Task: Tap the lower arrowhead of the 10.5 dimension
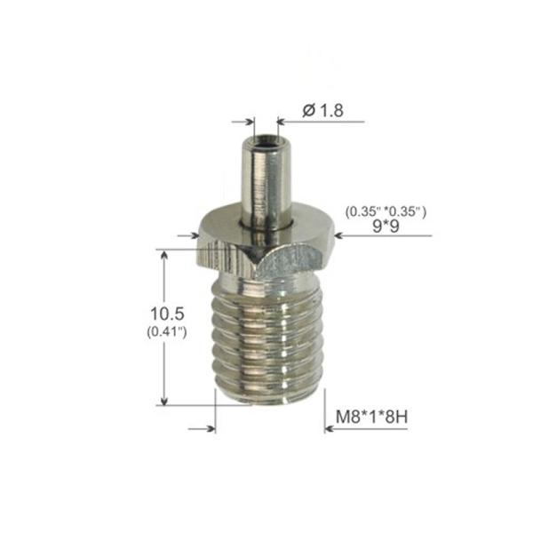click(163, 399)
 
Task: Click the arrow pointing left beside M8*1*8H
click(330, 428)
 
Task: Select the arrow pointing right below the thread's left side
click(211, 428)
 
